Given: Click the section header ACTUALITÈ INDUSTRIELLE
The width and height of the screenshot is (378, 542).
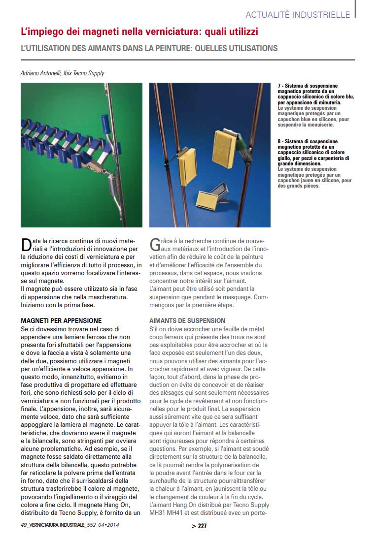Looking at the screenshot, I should [298, 14].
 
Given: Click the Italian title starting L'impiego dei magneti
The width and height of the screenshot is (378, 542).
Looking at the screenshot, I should [139, 32].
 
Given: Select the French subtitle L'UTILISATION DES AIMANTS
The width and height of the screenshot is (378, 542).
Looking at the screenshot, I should [149, 48].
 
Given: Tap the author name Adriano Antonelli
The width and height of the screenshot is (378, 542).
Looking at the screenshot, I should [41, 73].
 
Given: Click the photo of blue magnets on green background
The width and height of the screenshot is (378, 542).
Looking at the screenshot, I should [81, 155].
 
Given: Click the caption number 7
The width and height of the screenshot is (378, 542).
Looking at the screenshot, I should [280, 86].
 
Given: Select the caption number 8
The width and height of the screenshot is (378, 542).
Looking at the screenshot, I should [280, 142].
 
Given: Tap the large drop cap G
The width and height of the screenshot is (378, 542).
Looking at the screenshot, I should [155, 244].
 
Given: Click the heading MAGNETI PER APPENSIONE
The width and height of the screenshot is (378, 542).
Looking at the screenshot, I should [61, 320].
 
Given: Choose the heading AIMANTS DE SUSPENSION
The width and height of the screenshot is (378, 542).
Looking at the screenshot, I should [187, 320].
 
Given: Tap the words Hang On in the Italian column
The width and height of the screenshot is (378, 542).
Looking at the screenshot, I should [105, 505].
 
